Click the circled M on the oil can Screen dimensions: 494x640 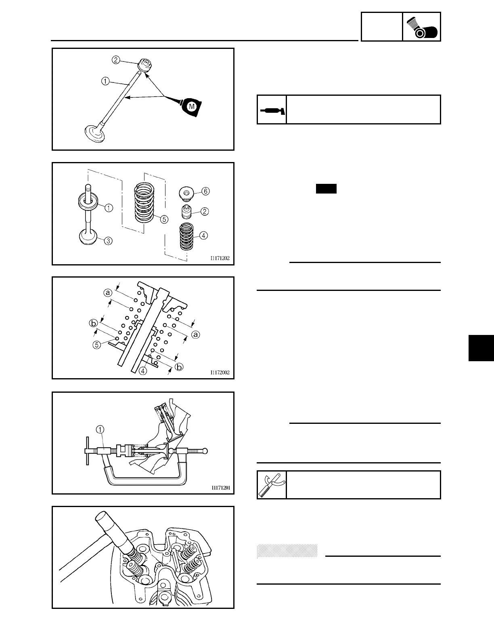coord(192,106)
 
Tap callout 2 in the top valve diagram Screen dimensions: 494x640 coord(116,60)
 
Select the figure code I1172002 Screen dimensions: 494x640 coord(220,373)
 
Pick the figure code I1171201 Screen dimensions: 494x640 coord(220,488)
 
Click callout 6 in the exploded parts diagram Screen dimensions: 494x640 coord(205,191)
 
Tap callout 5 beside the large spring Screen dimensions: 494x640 coord(163,219)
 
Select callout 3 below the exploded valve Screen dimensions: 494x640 coord(109,241)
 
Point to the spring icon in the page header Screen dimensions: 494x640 coord(421,27)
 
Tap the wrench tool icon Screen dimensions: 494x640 coord(272,484)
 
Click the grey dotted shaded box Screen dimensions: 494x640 coord(287,551)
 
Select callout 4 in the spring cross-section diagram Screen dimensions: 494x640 coord(142,371)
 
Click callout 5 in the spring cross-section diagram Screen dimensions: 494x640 coord(97,345)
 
